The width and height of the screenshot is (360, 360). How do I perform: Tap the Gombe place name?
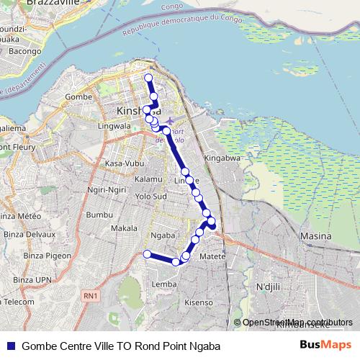pos(76,96)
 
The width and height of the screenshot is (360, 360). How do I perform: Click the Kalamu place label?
pos(148,179)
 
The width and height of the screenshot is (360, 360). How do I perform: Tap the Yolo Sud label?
pos(150,196)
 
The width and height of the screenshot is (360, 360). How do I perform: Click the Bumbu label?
pos(99,215)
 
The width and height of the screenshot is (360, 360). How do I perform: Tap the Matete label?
pos(212,256)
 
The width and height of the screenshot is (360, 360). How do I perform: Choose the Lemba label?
pos(159,284)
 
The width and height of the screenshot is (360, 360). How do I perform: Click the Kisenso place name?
pos(199,303)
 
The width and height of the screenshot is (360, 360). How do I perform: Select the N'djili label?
pos(268,287)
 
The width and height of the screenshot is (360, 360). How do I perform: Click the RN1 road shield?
pos(89,295)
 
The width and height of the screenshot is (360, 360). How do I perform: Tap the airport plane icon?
pos(169,120)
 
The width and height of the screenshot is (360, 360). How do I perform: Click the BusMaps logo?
pos(324,346)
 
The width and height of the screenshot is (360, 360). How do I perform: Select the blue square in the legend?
pos(10,346)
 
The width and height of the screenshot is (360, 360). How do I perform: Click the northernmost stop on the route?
pos(149,78)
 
